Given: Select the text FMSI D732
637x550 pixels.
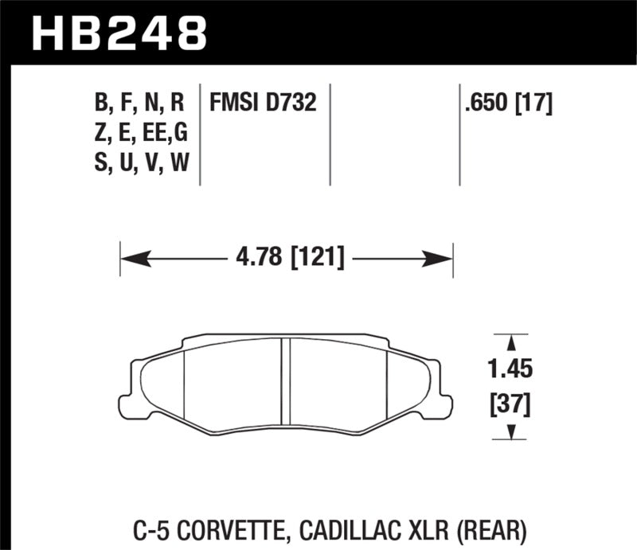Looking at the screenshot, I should (262, 103).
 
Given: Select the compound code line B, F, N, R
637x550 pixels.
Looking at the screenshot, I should (139, 103).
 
